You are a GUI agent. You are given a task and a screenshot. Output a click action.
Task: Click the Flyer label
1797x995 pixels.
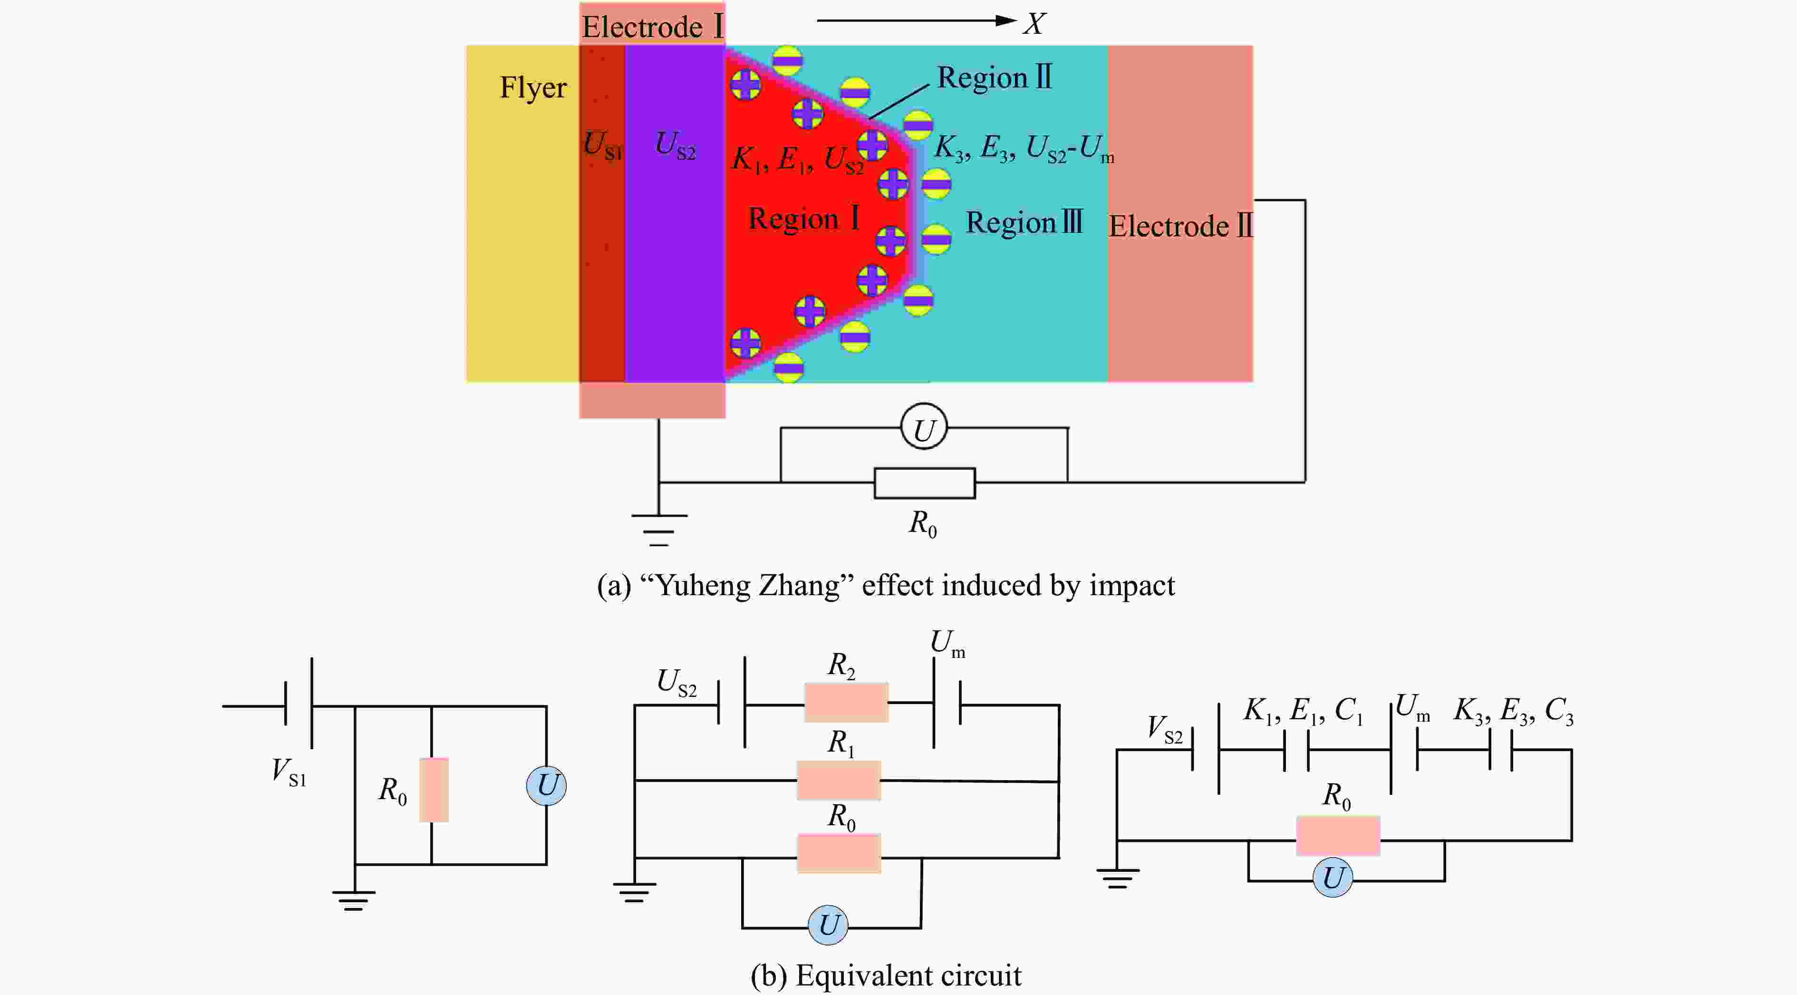pyautogui.click(x=533, y=88)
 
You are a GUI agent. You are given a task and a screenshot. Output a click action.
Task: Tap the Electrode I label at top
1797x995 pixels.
pyautogui.click(x=653, y=27)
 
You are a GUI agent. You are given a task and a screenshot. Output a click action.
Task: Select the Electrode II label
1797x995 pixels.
pyautogui.click(x=1180, y=226)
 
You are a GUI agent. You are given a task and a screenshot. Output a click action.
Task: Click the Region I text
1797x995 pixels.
pyautogui.click(x=803, y=218)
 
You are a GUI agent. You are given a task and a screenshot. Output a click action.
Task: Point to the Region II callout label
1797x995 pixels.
pyautogui.click(x=994, y=77)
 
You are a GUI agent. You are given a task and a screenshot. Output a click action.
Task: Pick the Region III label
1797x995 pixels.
pyautogui.click(x=1024, y=222)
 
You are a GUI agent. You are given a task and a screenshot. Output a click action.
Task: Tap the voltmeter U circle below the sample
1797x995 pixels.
pyautogui.click(x=924, y=426)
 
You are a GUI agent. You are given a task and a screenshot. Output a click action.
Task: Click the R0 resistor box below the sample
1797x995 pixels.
pyautogui.click(x=924, y=483)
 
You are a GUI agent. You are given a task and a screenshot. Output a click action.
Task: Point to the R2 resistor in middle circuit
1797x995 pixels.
pyautogui.click(x=846, y=703)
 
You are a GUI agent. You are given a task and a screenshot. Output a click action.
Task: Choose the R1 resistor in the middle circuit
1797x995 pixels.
pyautogui.click(x=839, y=780)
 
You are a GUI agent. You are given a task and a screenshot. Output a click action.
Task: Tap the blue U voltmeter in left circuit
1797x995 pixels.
pyautogui.click(x=546, y=786)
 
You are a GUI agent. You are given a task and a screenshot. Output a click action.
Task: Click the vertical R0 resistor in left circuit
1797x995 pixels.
pyautogui.click(x=434, y=790)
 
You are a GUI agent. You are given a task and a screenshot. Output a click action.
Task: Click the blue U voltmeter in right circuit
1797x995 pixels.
pyautogui.click(x=1333, y=877)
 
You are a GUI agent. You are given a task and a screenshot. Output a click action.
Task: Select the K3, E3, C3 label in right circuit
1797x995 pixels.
pyautogui.click(x=1514, y=712)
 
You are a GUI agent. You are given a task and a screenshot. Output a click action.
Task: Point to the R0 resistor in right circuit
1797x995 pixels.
pyautogui.click(x=1338, y=835)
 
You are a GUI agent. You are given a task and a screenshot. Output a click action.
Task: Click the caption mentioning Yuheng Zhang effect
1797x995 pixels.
pyautogui.click(x=886, y=585)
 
